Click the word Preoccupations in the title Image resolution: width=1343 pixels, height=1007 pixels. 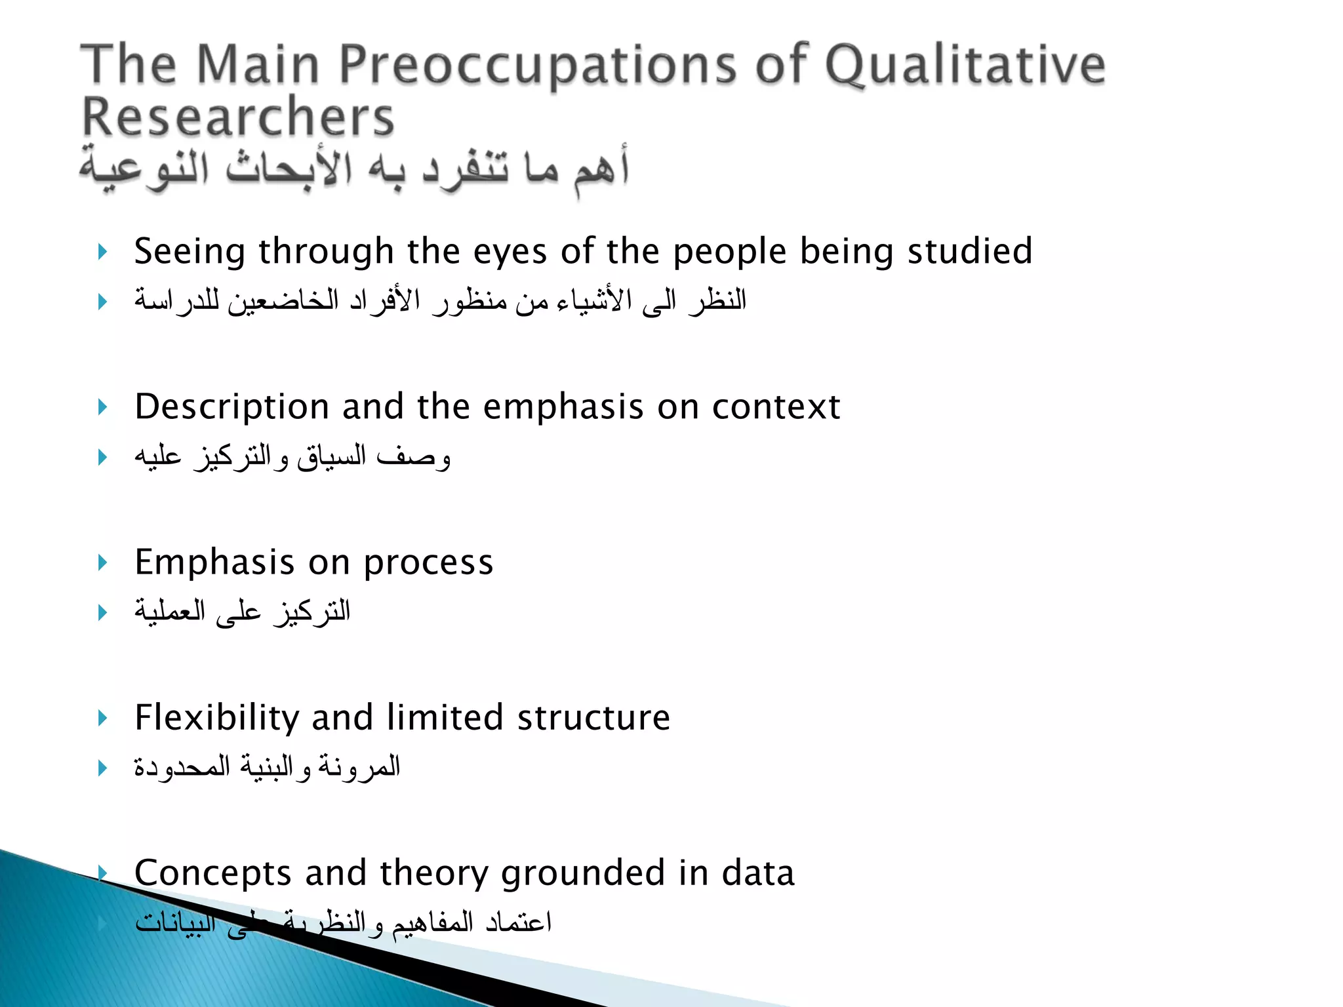coord(537,66)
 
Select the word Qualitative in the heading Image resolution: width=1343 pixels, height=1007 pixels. coord(965,66)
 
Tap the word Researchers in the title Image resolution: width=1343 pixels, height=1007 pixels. coord(237,117)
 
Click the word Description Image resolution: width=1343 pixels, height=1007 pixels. coord(231,408)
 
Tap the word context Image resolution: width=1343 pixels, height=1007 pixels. coord(776,408)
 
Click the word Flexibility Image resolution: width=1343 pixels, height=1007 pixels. coord(217,718)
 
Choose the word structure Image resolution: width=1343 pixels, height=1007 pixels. coord(593,718)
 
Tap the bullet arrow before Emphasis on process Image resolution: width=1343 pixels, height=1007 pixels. coord(102,563)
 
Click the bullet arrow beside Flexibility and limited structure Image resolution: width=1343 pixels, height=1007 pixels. coord(102,718)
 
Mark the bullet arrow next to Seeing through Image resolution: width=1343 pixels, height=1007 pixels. coord(102,252)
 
